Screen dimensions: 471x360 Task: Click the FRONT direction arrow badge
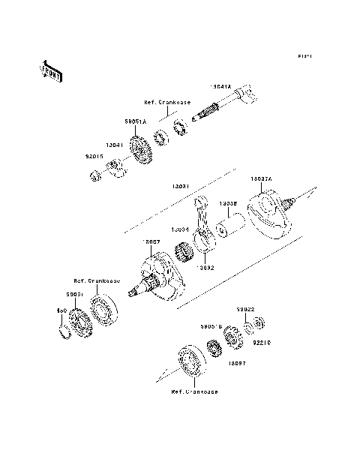click(51, 69)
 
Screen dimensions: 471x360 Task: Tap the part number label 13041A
click(222, 87)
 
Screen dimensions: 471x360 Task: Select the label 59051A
click(135, 118)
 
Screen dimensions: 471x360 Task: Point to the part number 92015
click(94, 157)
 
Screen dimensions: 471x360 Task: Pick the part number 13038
click(228, 203)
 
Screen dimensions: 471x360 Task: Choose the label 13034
click(180, 229)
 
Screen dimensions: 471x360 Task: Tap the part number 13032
click(205, 265)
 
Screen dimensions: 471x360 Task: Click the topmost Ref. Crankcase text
click(168, 101)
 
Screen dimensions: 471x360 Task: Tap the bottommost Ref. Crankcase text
click(193, 391)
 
